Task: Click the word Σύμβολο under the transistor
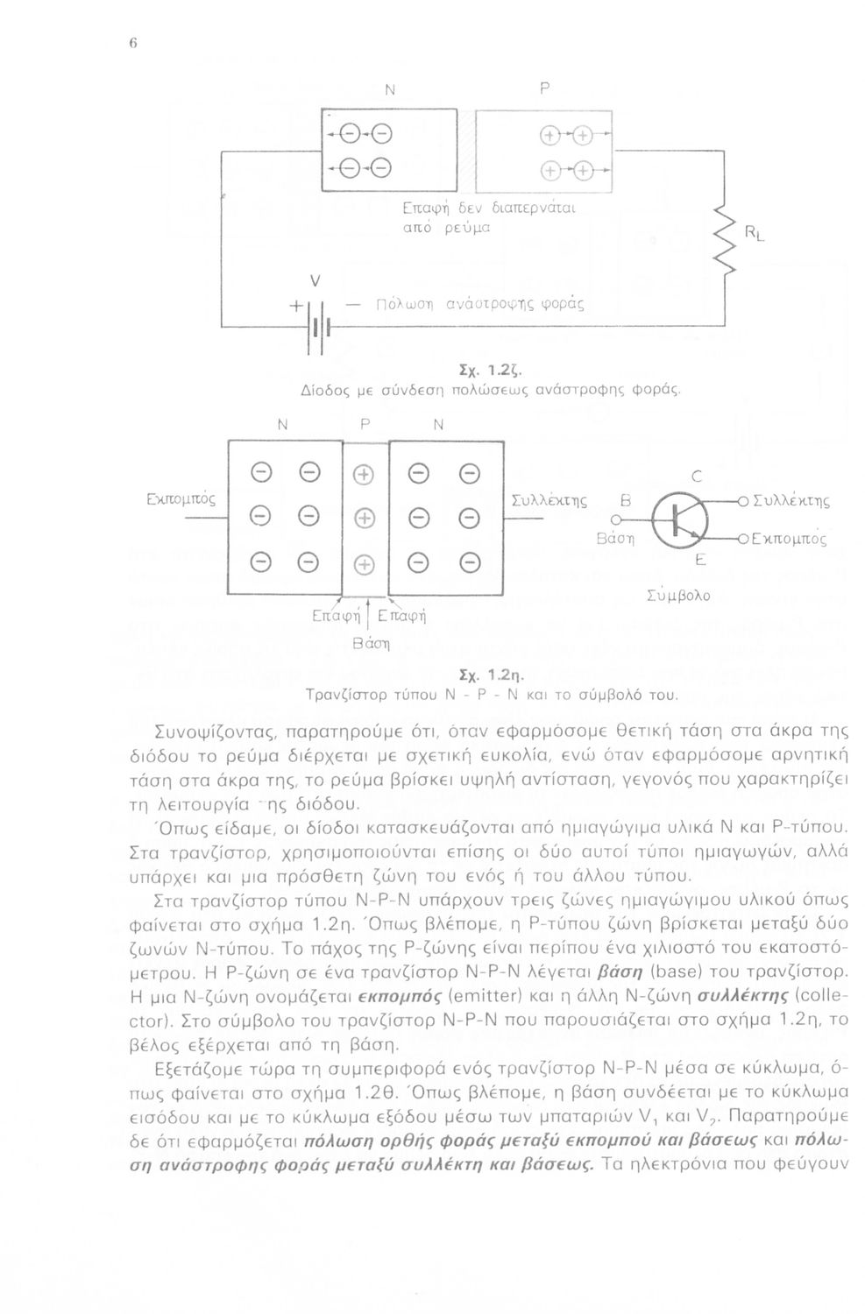pyautogui.click(x=677, y=596)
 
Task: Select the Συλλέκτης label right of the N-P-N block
pyautogui.click(x=548, y=500)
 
